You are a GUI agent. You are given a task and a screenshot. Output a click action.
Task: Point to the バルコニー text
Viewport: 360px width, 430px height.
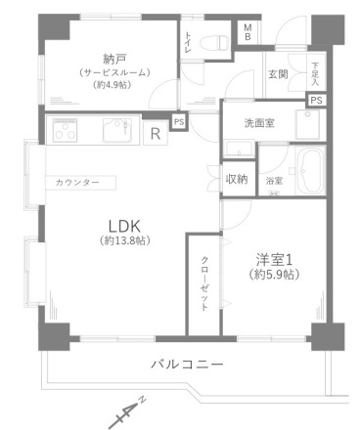point(187,365)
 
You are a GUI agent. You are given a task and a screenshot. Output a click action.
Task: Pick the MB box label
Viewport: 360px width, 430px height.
point(247,32)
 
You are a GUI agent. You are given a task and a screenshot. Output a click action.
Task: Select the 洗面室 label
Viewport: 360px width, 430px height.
point(261,124)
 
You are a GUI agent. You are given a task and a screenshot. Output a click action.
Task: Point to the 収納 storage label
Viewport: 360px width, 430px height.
point(237,179)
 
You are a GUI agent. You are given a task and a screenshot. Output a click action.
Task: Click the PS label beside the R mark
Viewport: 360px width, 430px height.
point(178,122)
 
